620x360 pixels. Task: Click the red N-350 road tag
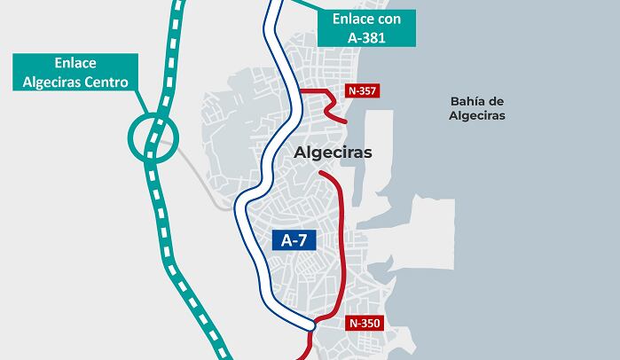tap(365, 324)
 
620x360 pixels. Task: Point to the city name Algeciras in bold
tap(333, 153)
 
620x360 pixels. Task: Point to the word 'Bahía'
tap(460, 100)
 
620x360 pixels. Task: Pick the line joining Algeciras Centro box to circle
tap(141, 101)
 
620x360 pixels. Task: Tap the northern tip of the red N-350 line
tap(317, 173)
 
